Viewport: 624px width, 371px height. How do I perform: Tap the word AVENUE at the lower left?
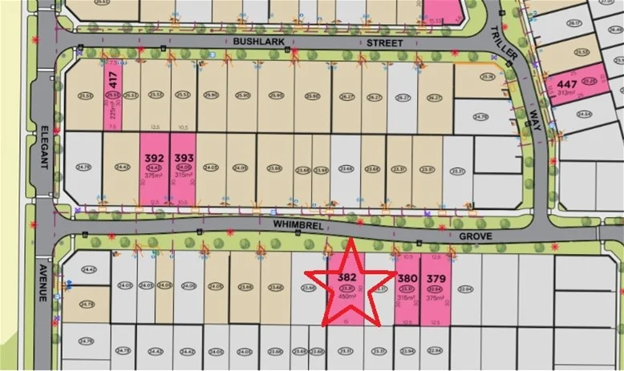[x=41, y=281]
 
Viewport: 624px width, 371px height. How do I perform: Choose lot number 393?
[x=184, y=158]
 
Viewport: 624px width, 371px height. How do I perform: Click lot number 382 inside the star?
[x=347, y=276]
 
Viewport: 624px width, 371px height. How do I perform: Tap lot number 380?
[x=407, y=280]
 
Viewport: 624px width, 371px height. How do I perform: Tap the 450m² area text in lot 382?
[x=347, y=296]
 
